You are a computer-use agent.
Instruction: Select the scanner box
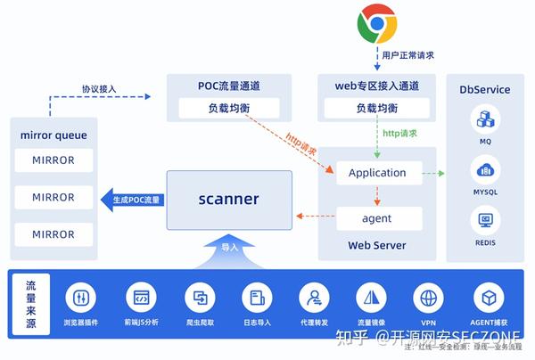(229, 200)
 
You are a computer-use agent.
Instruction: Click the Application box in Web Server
(377, 173)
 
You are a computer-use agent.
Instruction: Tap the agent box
(377, 218)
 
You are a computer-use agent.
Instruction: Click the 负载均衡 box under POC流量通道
(229, 109)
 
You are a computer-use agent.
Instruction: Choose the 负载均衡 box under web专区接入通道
(377, 109)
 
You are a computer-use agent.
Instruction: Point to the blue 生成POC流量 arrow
(132, 200)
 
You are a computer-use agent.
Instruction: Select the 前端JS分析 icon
(141, 297)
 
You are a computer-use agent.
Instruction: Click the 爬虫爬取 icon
(199, 297)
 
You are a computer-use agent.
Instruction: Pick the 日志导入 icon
(257, 297)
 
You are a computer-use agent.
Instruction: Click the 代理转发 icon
(314, 297)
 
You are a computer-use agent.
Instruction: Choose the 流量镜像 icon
(371, 297)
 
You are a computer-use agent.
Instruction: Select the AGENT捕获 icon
(488, 297)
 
